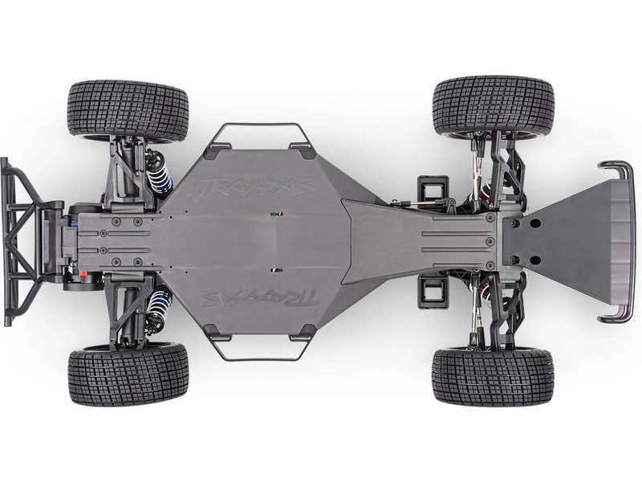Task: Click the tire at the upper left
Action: pyautogui.click(x=128, y=110)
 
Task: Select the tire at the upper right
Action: pyautogui.click(x=493, y=106)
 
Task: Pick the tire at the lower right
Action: pyautogui.click(x=493, y=377)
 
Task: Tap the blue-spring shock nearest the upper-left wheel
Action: pyautogui.click(x=157, y=171)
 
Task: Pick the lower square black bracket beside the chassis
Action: pyautogui.click(x=433, y=290)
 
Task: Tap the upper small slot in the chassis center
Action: pyautogui.click(x=275, y=214)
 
